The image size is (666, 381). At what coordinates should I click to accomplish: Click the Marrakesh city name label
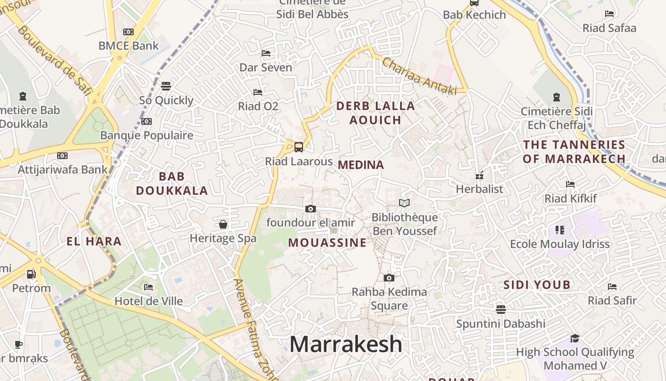[346, 344]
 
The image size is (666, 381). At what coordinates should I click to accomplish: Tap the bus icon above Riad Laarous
[299, 147]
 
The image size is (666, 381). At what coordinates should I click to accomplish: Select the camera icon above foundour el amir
[311, 209]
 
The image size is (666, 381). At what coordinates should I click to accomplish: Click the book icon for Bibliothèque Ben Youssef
[404, 203]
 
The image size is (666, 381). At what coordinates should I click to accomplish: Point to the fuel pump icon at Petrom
[31, 274]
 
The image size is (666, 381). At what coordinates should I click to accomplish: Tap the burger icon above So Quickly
[166, 86]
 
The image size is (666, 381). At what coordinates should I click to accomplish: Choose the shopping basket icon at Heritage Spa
[223, 224]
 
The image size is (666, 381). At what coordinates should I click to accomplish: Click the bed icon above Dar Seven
[266, 53]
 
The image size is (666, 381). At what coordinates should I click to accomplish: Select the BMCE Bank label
[128, 46]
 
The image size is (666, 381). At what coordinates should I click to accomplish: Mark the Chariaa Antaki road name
[419, 76]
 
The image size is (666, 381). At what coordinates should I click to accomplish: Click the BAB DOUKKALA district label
[172, 184]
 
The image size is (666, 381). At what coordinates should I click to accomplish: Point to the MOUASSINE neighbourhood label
[327, 243]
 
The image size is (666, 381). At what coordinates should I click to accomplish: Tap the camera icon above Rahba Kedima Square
[389, 278]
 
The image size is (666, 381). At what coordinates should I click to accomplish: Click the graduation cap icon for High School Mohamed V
[575, 339]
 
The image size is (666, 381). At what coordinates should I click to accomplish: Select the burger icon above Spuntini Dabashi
[500, 310]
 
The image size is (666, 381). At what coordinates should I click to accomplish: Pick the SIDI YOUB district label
[537, 285]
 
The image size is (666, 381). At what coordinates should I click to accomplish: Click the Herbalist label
[479, 189]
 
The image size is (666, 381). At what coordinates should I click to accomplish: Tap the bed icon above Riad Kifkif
[570, 184]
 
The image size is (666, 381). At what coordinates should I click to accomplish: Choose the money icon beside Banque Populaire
[147, 121]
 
